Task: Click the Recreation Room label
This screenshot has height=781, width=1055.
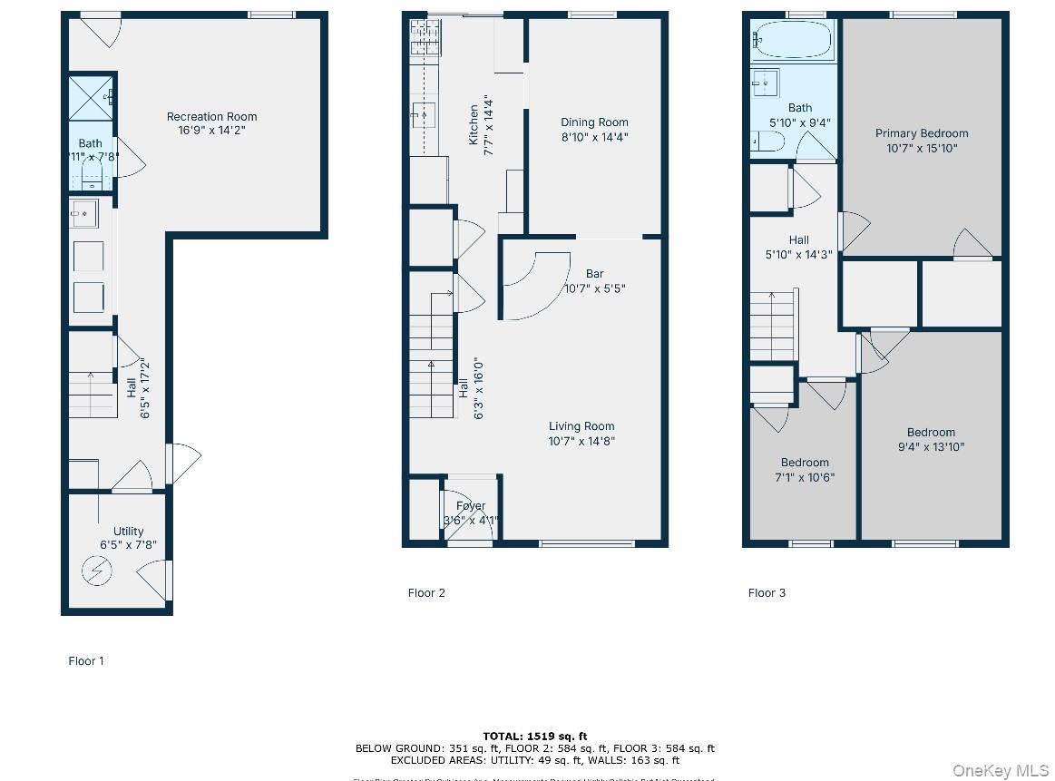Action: tap(211, 116)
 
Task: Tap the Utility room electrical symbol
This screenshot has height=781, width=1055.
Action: tap(94, 571)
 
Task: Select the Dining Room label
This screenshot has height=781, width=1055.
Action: tap(594, 122)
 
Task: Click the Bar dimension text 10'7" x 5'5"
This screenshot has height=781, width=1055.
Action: tap(594, 288)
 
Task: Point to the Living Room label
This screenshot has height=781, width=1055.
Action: tap(581, 426)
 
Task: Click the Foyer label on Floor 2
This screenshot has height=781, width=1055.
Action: tap(471, 506)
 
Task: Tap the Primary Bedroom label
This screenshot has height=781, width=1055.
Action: tap(922, 133)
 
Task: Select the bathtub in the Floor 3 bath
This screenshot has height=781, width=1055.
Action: tap(792, 41)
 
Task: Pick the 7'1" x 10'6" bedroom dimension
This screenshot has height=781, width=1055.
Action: tap(805, 477)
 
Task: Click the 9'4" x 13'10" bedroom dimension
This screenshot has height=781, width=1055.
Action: tap(931, 447)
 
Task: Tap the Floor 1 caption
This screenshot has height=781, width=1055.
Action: tap(86, 661)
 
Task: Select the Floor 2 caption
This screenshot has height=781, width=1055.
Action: tap(426, 593)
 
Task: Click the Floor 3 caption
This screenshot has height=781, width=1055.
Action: tap(767, 593)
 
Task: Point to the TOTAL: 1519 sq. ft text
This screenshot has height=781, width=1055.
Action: tap(534, 736)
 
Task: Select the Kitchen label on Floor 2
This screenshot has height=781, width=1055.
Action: tap(474, 125)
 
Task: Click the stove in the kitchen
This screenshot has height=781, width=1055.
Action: tap(425, 38)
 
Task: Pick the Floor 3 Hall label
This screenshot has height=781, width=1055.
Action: tap(798, 240)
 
